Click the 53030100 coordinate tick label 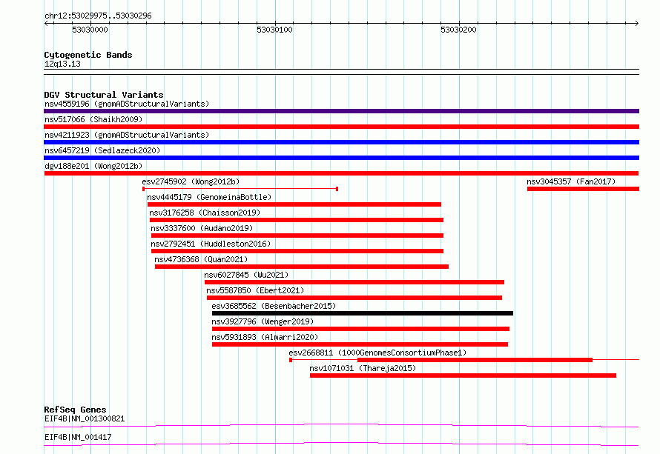[x=274, y=30]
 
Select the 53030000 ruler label [x=90, y=30]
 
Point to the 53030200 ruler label [x=458, y=30]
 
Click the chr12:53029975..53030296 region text [x=98, y=16]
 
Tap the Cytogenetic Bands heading [x=88, y=55]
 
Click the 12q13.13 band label [x=62, y=64]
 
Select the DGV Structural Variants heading [x=104, y=95]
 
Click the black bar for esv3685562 [x=363, y=313]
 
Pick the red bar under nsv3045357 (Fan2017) [x=583, y=189]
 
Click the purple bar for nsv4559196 [x=341, y=111]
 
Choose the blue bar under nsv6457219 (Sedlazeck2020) [x=341, y=158]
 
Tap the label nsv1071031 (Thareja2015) [x=363, y=368]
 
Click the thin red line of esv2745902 [x=240, y=189]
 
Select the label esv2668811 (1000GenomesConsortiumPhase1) [x=377, y=353]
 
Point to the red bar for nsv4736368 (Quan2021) [x=302, y=267]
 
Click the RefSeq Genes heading [x=75, y=410]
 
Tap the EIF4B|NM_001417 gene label [x=78, y=437]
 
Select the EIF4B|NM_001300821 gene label [x=85, y=418]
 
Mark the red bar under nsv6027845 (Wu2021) [x=354, y=282]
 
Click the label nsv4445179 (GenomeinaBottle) [x=209, y=197]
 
